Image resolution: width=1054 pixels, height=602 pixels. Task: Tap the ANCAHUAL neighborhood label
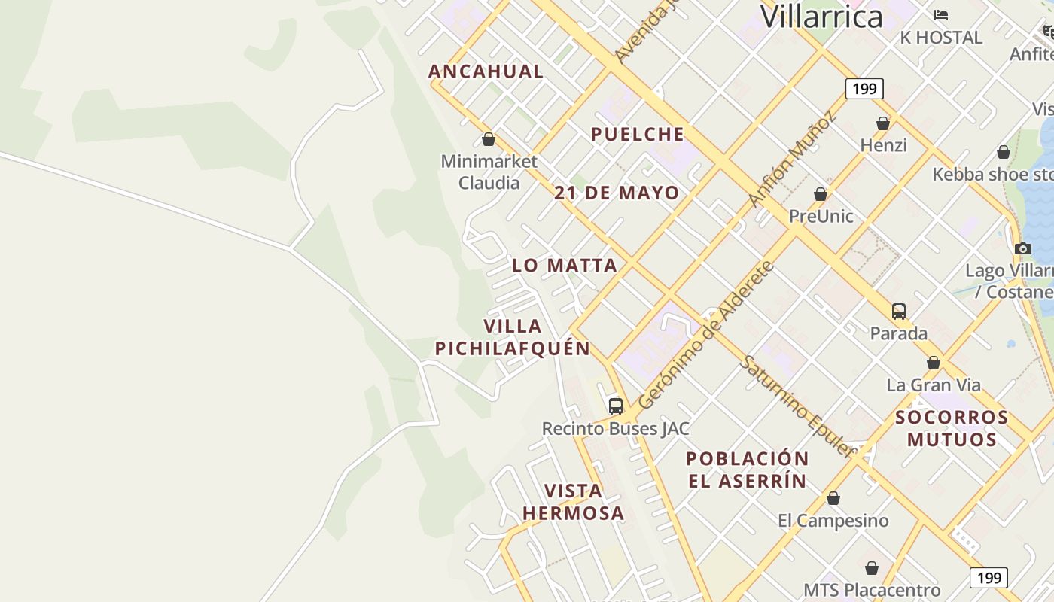coord(486,71)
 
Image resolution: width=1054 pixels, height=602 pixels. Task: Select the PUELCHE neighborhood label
coord(638,135)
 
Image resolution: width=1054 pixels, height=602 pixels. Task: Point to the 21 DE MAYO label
coord(617,193)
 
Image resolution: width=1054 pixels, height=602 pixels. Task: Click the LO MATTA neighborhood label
coord(565,265)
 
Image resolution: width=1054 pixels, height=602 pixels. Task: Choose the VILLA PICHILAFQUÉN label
coord(513,337)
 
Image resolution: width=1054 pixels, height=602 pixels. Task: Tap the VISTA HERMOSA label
coord(573,502)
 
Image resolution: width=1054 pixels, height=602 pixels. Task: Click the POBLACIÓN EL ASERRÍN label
coord(748,470)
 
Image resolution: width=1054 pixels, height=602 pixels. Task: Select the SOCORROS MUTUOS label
coord(952,428)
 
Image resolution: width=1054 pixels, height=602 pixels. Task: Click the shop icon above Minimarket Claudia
coord(489,139)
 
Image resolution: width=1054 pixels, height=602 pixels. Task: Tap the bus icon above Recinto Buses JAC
coord(616,406)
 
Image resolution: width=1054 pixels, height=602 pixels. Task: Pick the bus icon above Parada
coord(898,311)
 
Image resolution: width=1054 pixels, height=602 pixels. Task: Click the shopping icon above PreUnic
coord(821,194)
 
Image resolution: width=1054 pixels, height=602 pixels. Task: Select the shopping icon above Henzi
coord(883,123)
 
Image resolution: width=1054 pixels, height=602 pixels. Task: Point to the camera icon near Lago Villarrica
coord(1022,248)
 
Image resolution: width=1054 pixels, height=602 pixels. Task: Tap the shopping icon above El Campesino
coord(833,498)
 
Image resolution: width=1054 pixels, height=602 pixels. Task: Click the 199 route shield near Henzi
coord(864,89)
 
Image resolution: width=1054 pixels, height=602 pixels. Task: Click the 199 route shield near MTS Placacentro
coord(988,577)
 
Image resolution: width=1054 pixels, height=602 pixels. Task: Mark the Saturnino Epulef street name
coord(798,406)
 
